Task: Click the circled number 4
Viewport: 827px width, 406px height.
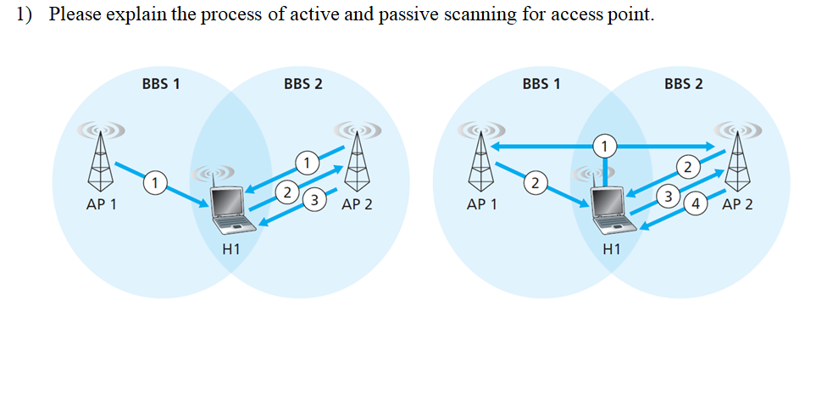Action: [x=696, y=203]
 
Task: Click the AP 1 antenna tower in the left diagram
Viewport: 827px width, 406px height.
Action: [x=101, y=161]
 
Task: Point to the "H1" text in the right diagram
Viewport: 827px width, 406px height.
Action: [x=610, y=249]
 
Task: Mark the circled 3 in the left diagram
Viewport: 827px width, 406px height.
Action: [x=315, y=201]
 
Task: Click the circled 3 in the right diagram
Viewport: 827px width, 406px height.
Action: [x=669, y=197]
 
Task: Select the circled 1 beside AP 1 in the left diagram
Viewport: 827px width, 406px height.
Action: [x=153, y=180]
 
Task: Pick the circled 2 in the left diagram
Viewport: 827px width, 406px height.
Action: [x=289, y=192]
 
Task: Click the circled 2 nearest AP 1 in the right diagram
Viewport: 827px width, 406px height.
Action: [x=534, y=181]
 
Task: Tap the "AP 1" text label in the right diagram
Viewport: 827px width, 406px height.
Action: [x=481, y=204]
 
